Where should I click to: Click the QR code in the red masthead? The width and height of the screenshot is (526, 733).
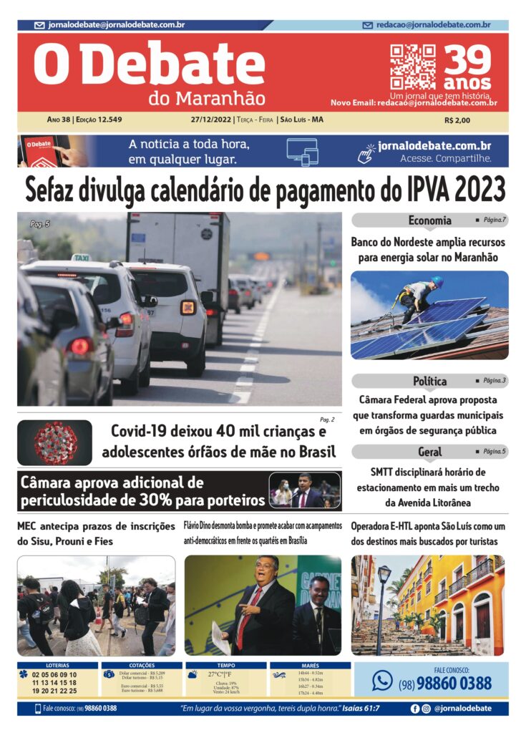pyautogui.click(x=412, y=66)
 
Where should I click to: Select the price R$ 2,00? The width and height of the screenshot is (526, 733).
pyautogui.click(x=457, y=120)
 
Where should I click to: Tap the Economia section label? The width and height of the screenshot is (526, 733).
pyautogui.click(x=429, y=220)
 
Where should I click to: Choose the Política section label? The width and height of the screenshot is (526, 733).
pyautogui.click(x=429, y=381)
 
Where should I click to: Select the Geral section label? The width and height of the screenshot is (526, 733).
pyautogui.click(x=429, y=452)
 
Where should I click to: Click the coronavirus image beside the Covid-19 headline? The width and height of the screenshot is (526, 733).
pyautogui.click(x=55, y=443)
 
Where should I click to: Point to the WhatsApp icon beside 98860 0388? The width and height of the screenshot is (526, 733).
pyautogui.click(x=382, y=680)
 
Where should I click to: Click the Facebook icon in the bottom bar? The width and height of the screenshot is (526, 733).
pyautogui.click(x=414, y=709)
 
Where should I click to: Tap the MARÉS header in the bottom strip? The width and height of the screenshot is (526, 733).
pyautogui.click(x=310, y=665)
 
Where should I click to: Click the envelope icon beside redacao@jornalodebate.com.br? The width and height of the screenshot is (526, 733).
pyautogui.click(x=368, y=25)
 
